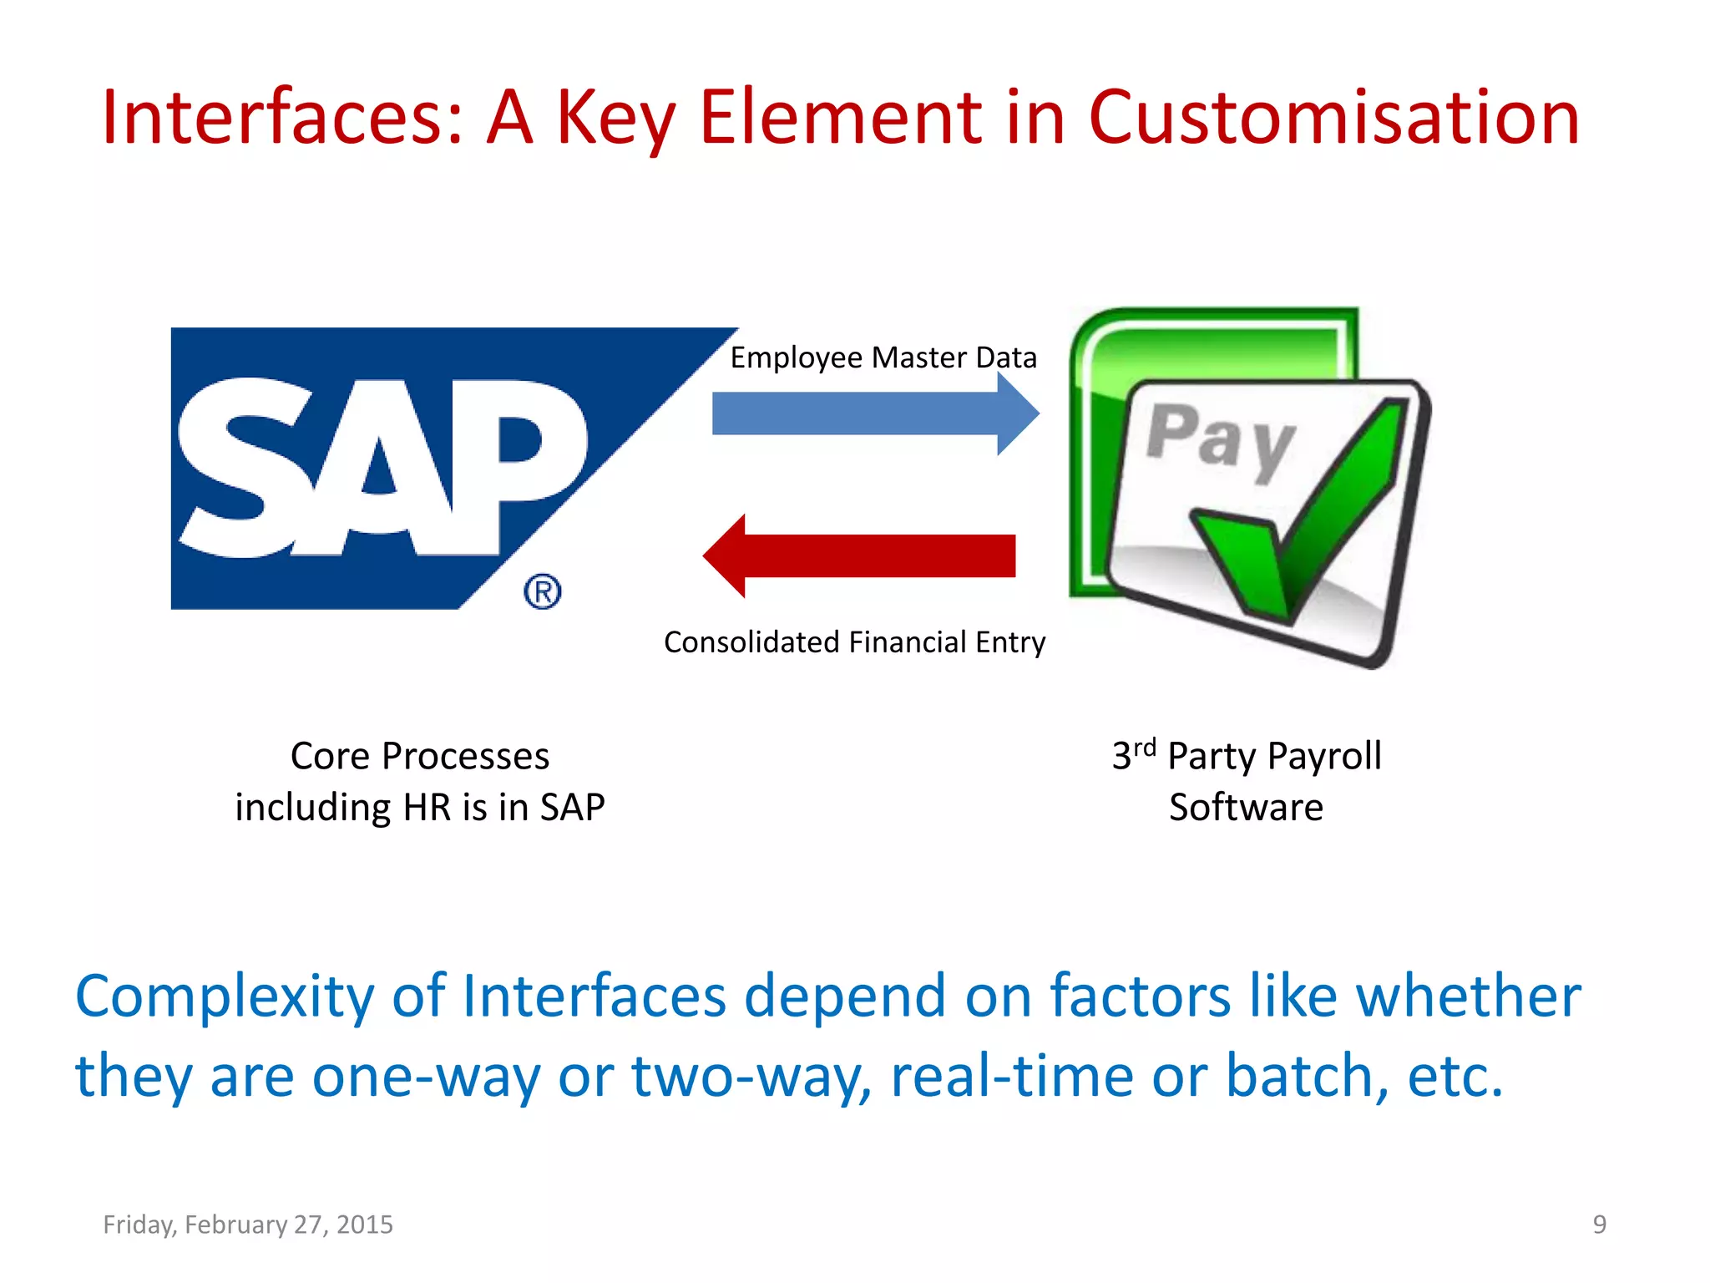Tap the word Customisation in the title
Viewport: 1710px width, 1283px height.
tap(1333, 118)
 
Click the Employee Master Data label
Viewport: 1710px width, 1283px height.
tap(883, 358)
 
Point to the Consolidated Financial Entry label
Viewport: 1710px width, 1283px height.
tap(854, 642)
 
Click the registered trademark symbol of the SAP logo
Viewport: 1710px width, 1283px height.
tap(543, 591)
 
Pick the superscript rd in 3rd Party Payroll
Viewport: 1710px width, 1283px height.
tap(1145, 746)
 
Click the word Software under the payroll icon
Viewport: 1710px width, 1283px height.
tap(1246, 808)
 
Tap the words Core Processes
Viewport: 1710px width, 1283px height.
tap(420, 757)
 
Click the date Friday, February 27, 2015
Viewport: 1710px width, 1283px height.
tap(248, 1225)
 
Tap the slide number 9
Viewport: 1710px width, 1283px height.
tap(1599, 1225)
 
